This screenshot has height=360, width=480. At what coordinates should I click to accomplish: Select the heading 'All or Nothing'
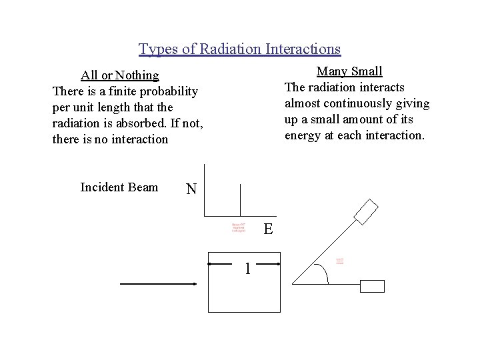[119, 75]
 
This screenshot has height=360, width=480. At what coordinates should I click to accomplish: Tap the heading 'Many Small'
[349, 71]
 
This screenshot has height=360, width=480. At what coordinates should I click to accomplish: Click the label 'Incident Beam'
[119, 187]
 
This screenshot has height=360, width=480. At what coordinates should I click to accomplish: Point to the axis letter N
[191, 189]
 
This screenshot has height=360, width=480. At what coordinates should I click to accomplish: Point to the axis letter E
[267, 230]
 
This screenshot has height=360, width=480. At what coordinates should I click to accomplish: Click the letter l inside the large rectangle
[247, 269]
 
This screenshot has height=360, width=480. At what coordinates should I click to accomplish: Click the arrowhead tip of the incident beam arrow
[195, 285]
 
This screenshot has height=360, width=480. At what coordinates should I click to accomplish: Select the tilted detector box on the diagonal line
[367, 212]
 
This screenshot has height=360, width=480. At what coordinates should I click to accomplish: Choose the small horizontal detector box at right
[372, 286]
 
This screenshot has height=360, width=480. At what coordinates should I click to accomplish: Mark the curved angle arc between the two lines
[326, 275]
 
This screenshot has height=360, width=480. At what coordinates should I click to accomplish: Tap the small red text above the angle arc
[340, 261]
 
